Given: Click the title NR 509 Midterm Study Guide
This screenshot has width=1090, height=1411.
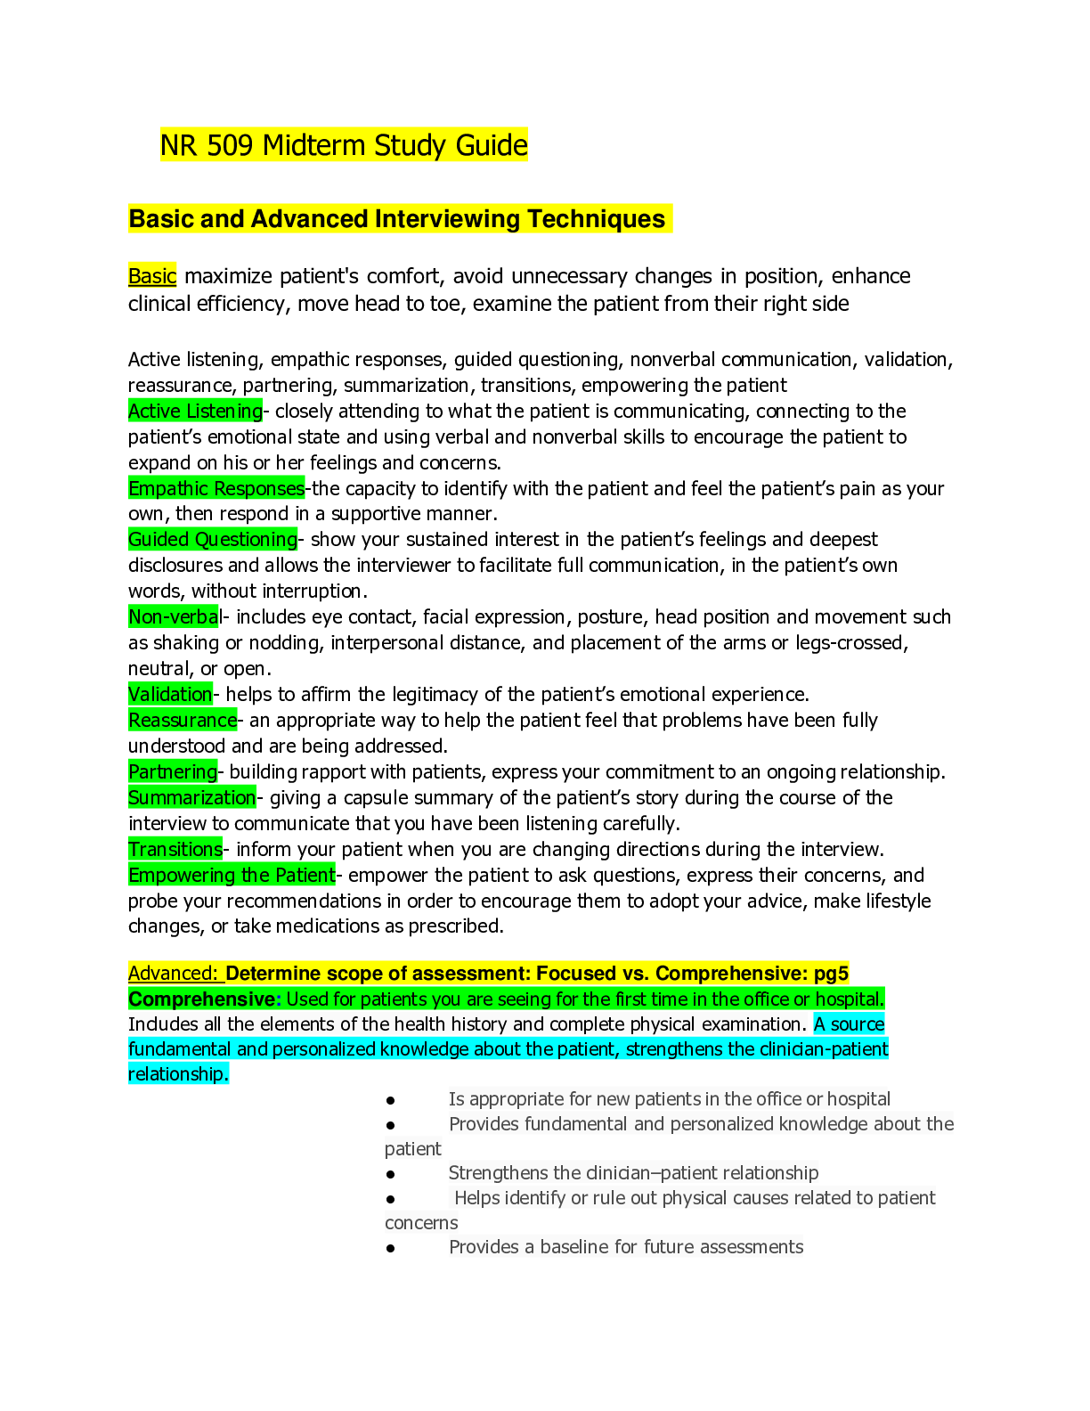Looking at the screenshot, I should point(344,145).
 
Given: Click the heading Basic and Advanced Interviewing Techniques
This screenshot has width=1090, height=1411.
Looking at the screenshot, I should point(397,219).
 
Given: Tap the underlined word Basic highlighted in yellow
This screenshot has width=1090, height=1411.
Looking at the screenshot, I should point(152,276).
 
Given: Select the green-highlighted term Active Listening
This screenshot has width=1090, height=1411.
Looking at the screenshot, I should point(195,411).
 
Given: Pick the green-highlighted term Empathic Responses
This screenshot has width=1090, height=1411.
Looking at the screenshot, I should point(216,488).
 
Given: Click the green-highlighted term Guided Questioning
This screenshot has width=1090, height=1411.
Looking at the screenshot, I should point(213,539).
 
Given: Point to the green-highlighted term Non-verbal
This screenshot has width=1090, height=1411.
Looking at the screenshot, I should point(174,616).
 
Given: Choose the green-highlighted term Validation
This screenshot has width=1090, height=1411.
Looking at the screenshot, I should point(170,694).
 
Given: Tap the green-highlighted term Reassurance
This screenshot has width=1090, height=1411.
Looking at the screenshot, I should point(183,720).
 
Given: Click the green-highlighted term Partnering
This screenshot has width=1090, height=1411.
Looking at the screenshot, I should point(173,771).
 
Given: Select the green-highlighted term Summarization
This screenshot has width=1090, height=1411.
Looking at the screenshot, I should point(192,797).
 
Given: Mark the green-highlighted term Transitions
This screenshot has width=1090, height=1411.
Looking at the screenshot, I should point(175,849).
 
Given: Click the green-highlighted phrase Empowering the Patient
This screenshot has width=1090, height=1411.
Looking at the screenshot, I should point(232,875).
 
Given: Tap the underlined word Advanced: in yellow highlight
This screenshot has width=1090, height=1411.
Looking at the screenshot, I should point(173,973).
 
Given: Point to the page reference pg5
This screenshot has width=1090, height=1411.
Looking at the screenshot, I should point(831,973).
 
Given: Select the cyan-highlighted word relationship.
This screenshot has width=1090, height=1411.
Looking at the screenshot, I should point(178,1073).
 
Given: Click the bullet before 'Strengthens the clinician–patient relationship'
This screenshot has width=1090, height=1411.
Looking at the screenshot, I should point(390,1174).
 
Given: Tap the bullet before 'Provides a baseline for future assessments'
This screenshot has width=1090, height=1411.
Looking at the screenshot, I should point(390,1248).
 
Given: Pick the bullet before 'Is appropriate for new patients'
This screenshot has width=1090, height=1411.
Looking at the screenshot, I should point(390,1100).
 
